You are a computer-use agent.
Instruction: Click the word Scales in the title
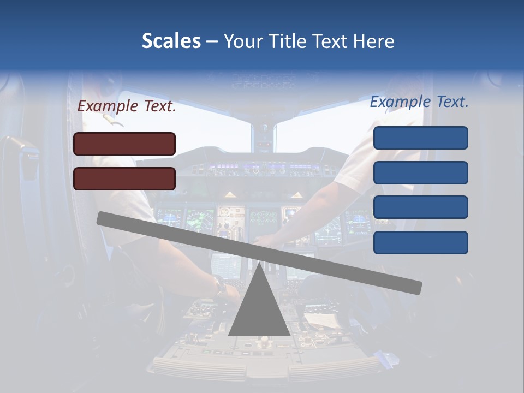click(171, 41)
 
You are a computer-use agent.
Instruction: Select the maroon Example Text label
click(127, 106)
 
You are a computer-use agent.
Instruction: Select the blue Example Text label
click(419, 102)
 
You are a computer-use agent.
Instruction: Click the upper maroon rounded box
click(124, 144)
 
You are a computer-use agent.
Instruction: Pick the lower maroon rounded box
click(124, 178)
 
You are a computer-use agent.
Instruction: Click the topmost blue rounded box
click(420, 138)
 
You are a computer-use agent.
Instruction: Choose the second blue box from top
click(420, 172)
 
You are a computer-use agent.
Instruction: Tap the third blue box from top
click(420, 207)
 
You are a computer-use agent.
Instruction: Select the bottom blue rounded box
click(420, 242)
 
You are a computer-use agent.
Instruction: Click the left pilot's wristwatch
click(219, 284)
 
